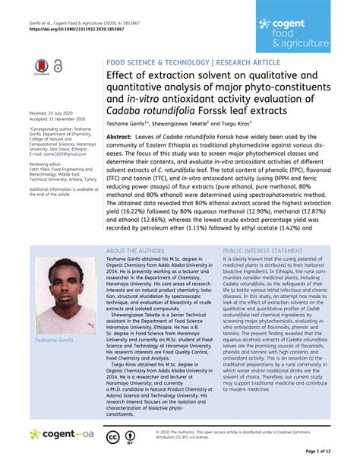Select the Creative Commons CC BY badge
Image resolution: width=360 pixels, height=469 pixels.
(x=112, y=436)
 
